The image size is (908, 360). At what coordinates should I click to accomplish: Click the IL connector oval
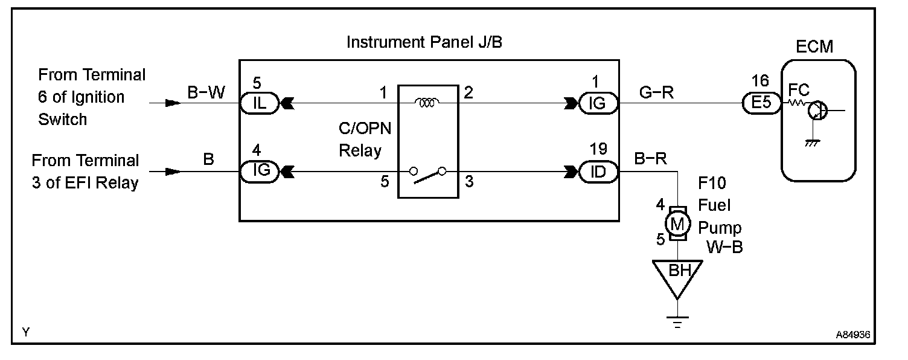click(260, 104)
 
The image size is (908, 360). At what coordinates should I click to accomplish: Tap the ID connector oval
click(598, 172)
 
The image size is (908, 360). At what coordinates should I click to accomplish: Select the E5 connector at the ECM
click(761, 104)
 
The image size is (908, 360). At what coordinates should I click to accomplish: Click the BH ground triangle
click(677, 275)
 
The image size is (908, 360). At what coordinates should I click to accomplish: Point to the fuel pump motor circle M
click(677, 224)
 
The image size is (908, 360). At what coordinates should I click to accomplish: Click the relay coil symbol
click(426, 103)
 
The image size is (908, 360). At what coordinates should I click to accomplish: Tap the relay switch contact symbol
click(427, 175)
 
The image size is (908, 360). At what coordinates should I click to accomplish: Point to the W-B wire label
click(724, 247)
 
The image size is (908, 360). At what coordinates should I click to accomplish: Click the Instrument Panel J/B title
click(424, 43)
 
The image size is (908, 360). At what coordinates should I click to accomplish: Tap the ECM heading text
click(814, 46)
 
